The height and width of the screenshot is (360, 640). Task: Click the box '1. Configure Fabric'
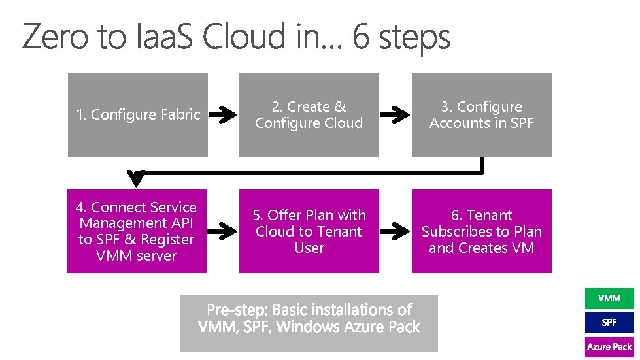138,115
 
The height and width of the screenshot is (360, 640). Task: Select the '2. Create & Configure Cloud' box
309,115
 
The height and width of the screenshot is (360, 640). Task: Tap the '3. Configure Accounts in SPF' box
481,115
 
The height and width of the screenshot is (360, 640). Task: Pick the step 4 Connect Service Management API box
137,231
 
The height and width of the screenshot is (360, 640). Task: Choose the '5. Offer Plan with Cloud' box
309,231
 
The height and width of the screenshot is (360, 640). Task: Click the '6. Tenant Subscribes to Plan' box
481,231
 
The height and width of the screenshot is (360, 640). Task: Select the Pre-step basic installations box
309,323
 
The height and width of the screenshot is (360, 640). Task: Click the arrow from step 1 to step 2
226,116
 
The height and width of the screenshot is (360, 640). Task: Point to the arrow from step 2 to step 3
396,116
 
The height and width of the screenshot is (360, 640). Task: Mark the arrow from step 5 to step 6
396,231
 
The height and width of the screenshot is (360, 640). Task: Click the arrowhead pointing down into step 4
137,178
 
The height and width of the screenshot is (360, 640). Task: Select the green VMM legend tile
609,299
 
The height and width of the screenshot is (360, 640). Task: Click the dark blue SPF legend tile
609,323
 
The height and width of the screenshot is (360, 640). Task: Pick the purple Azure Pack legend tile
609,347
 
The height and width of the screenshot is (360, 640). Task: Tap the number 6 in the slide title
360,38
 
